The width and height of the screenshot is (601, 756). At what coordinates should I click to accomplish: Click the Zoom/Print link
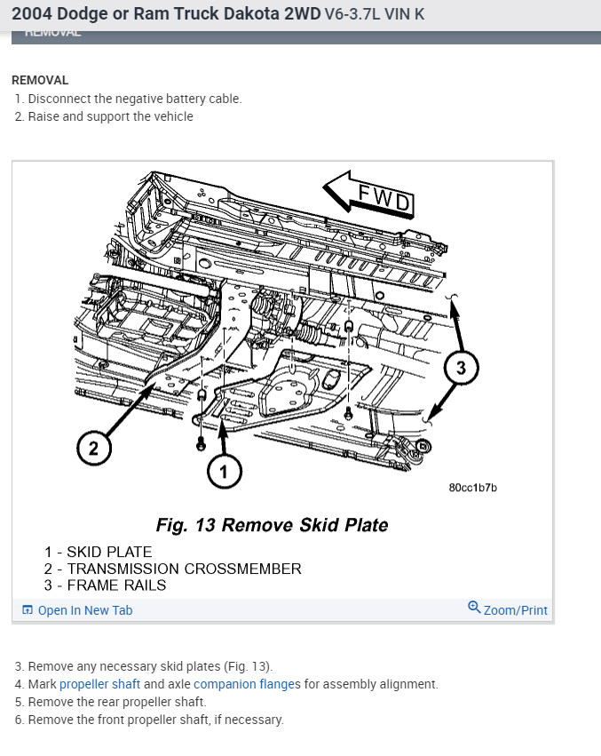click(508, 609)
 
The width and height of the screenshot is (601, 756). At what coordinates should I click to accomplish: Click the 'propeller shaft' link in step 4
click(99, 684)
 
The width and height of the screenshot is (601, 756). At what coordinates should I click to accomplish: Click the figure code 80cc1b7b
click(473, 488)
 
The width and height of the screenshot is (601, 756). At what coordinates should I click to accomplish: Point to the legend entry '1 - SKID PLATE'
click(98, 553)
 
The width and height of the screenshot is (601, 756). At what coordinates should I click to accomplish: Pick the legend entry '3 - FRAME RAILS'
click(105, 585)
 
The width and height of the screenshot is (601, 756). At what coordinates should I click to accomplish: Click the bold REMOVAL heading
click(40, 80)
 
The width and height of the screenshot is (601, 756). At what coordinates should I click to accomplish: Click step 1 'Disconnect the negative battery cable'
click(134, 99)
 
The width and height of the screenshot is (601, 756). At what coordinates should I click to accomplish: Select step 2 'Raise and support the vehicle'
click(110, 116)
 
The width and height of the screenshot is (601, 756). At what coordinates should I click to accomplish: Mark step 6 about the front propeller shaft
click(155, 720)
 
